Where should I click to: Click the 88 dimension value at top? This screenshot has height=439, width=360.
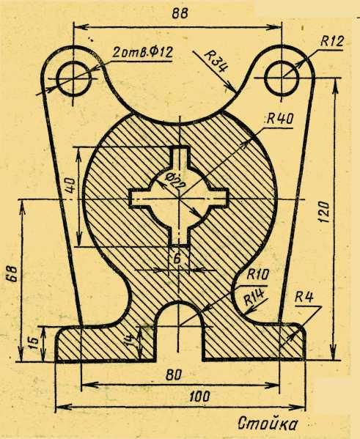click(180, 13)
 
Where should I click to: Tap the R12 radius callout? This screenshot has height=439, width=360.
click(331, 42)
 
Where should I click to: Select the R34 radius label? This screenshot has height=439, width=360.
click(216, 61)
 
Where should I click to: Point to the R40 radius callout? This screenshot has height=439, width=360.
click(279, 119)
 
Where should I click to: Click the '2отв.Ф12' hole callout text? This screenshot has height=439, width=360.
click(142, 52)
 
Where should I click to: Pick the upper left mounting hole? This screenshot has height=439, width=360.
click(73, 79)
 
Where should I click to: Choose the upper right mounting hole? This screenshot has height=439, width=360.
click(282, 78)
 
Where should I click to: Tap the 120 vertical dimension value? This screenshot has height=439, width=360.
click(324, 212)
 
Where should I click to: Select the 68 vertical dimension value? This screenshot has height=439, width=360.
click(13, 273)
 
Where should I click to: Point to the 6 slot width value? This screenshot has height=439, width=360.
click(177, 259)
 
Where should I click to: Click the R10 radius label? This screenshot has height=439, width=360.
click(257, 274)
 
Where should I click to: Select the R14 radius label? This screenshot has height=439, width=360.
click(254, 297)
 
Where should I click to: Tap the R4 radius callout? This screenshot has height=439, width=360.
click(304, 297)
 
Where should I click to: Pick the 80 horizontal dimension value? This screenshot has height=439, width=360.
click(174, 375)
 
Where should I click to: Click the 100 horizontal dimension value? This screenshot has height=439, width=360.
click(199, 396)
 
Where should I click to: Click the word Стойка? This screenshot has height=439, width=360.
click(268, 424)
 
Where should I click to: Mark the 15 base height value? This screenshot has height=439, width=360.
click(33, 344)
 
